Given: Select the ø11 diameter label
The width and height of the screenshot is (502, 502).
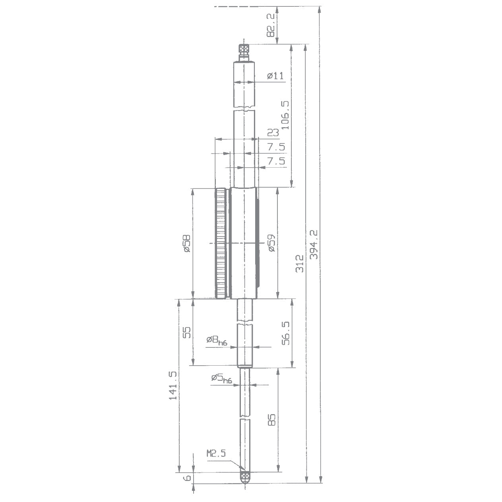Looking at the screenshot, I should coord(275,76).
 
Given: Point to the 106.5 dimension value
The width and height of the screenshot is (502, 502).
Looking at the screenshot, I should coord(285,115).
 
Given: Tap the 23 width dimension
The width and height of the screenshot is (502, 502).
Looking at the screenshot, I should coord(273,133).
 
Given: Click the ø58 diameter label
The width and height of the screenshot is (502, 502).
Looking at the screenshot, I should coord(186,243).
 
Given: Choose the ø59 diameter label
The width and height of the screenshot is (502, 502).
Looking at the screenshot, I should coord(271,243).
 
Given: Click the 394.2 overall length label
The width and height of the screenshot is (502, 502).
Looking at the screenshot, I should coord(314,244).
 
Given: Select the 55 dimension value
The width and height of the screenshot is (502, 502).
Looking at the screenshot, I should coord(186,332).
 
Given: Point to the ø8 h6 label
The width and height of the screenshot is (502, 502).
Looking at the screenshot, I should coord(217,340).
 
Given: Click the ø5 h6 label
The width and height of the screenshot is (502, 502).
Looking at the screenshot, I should coord(221,378).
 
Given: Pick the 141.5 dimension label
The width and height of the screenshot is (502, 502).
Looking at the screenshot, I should coord(173,386).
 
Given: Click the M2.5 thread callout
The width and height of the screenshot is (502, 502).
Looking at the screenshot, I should coord(216,453).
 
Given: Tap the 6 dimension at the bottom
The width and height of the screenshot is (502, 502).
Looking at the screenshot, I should coord(186,478).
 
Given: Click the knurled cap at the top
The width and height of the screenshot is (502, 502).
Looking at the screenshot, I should coord(244,49).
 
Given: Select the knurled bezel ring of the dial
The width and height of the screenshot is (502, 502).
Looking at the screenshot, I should coord(221,243).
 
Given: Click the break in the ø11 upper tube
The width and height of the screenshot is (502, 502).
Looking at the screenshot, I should coord(244,109).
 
